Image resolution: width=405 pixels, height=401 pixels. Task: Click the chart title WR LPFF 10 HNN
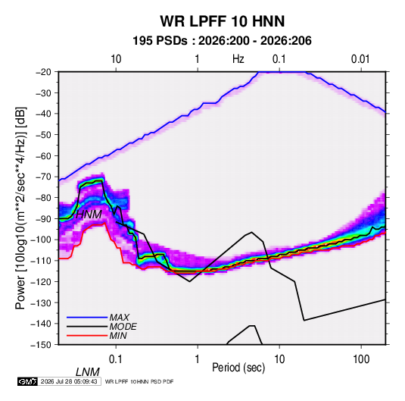(223, 21)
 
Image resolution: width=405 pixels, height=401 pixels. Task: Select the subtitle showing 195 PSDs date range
(222, 41)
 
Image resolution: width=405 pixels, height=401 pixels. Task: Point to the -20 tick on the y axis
(43, 72)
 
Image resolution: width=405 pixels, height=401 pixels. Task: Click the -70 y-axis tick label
(43, 177)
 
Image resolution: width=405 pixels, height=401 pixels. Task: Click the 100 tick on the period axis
(361, 359)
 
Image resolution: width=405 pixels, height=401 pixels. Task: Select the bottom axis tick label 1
(198, 359)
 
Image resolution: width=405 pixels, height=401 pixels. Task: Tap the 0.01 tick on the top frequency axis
(360, 59)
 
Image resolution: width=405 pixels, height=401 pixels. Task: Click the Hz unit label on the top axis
(238, 59)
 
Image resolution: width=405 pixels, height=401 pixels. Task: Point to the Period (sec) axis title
(238, 368)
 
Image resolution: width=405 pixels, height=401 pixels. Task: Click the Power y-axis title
(20, 208)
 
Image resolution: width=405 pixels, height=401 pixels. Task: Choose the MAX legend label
(119, 317)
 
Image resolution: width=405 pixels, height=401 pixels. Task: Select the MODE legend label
(123, 327)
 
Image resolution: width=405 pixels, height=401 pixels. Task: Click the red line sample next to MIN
(87, 336)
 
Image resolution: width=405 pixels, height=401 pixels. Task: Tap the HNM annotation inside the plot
(89, 215)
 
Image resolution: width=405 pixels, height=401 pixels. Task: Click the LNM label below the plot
(87, 372)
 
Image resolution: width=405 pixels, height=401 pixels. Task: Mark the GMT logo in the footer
(27, 381)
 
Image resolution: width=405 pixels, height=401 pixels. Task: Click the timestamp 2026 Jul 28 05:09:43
(69, 381)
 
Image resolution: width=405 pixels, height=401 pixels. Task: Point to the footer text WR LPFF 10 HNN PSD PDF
(139, 381)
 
